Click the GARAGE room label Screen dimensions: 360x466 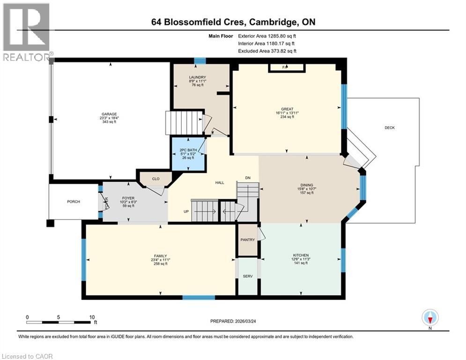109,113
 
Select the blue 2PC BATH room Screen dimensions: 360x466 188,154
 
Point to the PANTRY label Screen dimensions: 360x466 248,240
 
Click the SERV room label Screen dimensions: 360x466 248,276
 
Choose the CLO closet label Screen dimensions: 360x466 155,179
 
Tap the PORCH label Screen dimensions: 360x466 73,202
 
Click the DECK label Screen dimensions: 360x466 390,127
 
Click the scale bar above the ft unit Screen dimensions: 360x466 59,322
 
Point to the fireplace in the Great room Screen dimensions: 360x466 286,68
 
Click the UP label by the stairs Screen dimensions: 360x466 186,211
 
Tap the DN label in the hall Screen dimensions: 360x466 248,178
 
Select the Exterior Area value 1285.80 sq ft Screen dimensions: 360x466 280,36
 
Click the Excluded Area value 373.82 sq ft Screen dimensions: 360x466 280,51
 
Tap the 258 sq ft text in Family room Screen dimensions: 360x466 160,264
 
